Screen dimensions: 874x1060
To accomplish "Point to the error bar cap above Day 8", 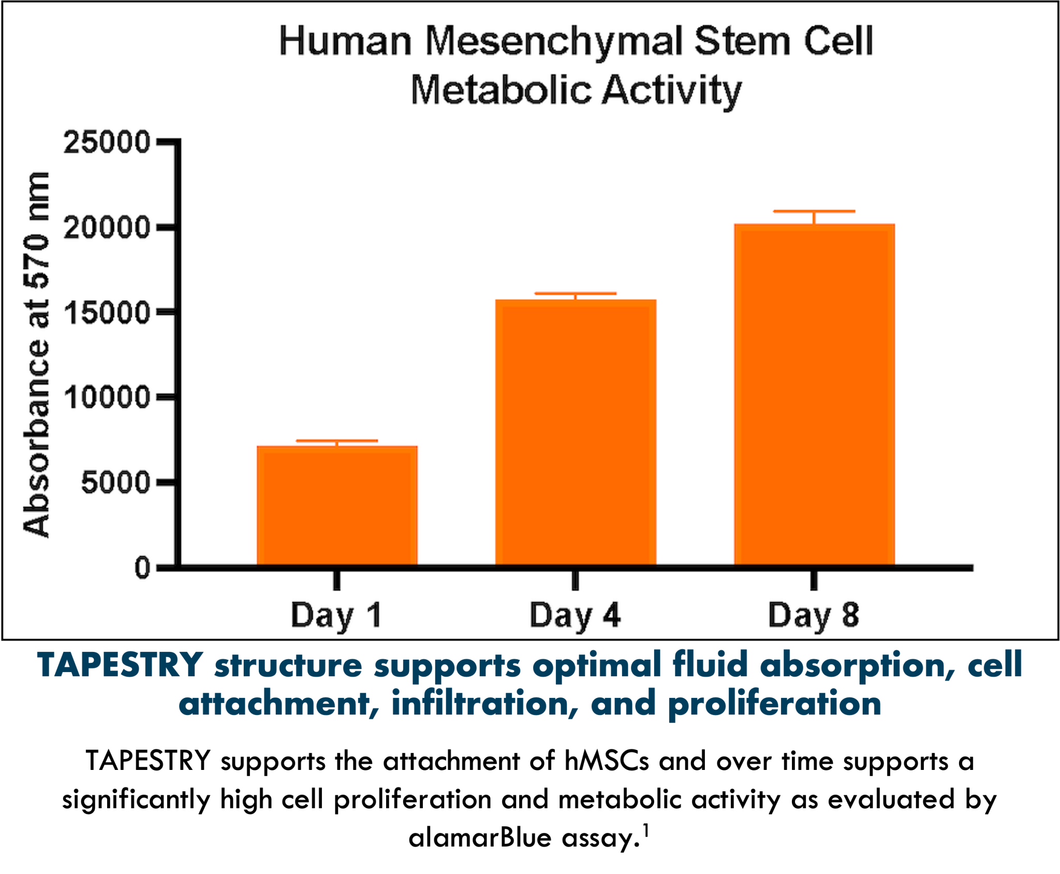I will [x=814, y=211].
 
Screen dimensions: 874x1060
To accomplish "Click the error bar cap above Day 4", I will [x=576, y=294].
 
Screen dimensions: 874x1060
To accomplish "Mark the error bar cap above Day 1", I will [x=337, y=441].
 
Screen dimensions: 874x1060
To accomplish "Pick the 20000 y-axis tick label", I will [x=107, y=227].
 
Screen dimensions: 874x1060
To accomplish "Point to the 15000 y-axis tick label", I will [x=107, y=312].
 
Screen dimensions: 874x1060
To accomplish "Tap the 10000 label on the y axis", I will [x=107, y=398].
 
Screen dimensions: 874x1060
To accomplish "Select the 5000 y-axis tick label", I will [x=115, y=483].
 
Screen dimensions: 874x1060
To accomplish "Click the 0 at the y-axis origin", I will [x=142, y=568].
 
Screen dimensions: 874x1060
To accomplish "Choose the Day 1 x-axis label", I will [x=336, y=616].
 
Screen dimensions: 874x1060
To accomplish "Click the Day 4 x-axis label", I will [x=575, y=616].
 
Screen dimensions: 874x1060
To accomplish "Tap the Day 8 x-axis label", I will [x=814, y=616].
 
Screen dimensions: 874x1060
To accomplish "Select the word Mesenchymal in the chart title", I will [x=554, y=41].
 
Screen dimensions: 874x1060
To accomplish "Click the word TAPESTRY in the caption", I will [x=120, y=665].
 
